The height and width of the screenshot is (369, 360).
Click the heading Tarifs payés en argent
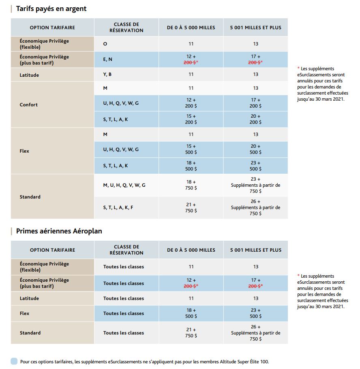click(x=51, y=9)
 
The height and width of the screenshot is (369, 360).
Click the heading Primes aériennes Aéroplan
click(x=59, y=231)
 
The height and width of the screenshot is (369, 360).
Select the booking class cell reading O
click(x=105, y=44)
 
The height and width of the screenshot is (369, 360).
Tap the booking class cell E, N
click(x=108, y=60)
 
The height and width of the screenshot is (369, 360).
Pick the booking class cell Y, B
click(x=107, y=74)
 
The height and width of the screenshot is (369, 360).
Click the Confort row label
click(x=29, y=105)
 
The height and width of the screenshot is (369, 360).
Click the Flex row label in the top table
click(x=24, y=151)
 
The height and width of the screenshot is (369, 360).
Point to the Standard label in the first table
click(x=30, y=197)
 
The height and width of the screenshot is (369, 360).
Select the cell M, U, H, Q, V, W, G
click(x=124, y=185)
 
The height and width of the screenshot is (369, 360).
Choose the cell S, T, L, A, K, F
click(x=118, y=207)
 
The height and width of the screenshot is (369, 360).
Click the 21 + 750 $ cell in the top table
click(x=191, y=208)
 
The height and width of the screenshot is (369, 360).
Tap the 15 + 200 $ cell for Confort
click(x=191, y=119)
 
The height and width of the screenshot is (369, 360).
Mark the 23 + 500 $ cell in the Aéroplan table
click(x=255, y=313)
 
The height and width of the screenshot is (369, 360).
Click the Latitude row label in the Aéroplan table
click(x=29, y=298)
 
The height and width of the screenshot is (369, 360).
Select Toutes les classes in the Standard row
click(x=123, y=333)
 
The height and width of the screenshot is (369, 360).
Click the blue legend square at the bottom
click(x=14, y=361)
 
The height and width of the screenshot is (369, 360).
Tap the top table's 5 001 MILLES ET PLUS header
click(x=255, y=28)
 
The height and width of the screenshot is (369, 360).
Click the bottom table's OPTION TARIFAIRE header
click(x=52, y=250)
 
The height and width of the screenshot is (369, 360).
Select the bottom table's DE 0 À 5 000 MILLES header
click(x=191, y=250)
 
